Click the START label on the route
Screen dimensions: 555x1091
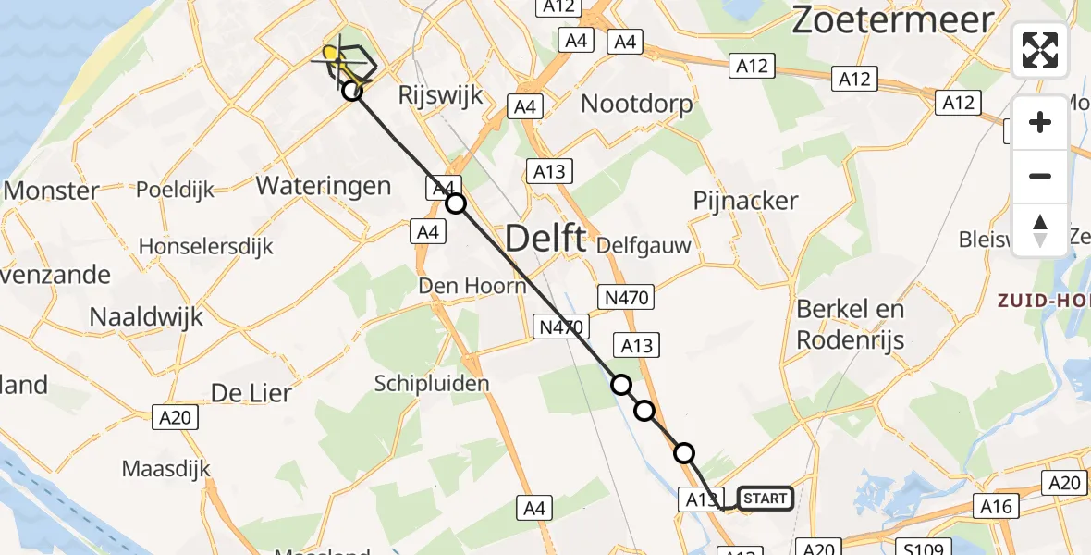tap(766, 499)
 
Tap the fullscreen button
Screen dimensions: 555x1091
tap(1040, 50)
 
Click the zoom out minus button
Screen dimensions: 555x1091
tap(1040, 176)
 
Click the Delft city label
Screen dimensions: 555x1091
tap(545, 240)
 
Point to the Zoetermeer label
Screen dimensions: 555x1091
tap(892, 19)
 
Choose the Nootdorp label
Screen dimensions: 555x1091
tap(636, 104)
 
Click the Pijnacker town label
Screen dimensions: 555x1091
tap(745, 201)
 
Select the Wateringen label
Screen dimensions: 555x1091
tap(324, 185)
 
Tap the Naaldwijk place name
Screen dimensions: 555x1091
tap(147, 317)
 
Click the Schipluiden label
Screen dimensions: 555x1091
tap(432, 383)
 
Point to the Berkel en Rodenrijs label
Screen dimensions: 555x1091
tap(851, 324)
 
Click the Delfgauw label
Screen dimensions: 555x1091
tap(644, 245)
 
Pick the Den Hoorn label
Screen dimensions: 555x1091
tap(472, 286)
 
